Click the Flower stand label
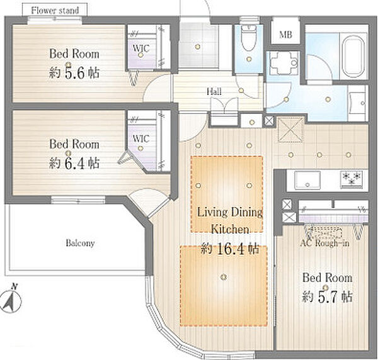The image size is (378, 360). pos(55,11)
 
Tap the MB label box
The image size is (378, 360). pos(285,31)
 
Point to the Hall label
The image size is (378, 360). pos(214,91)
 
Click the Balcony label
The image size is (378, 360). pos(80,243)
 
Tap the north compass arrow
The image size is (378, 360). pos(11,301)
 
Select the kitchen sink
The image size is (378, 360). pos(308,179)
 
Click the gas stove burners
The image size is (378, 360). pos(352,179)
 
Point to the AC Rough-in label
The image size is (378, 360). pos(324,243)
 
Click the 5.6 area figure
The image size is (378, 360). pos(74,73)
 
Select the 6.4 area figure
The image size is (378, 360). pos(74,163)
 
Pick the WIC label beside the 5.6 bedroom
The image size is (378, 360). pos(141,48)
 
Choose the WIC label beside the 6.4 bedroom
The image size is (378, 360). pos(141,138)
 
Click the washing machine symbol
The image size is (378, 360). pos(283,64)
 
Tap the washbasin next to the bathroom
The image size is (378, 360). pos(358,103)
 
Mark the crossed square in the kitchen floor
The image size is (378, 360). pos(290,130)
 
